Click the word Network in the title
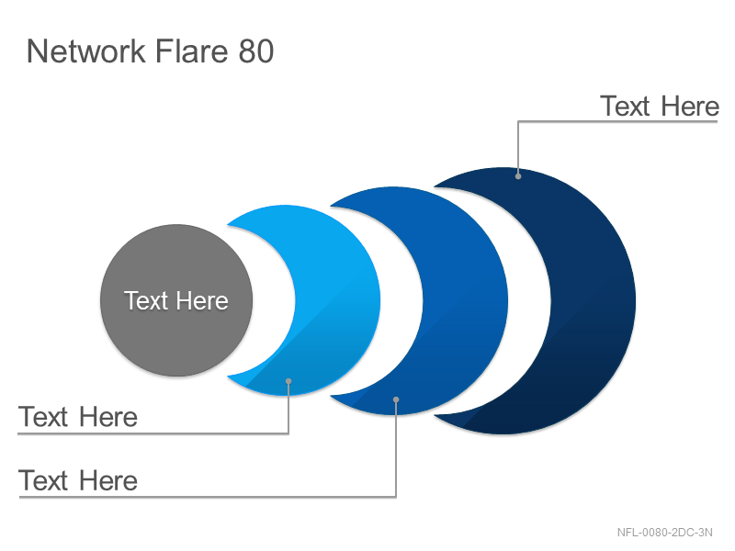click(x=86, y=51)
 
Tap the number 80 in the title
click(x=256, y=51)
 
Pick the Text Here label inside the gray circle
click(x=176, y=300)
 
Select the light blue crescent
click(x=337, y=300)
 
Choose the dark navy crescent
click(x=593, y=301)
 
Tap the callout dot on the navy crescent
click(x=518, y=176)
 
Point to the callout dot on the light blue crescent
click(x=288, y=381)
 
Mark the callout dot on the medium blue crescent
click(x=396, y=399)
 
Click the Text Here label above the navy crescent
click(x=660, y=106)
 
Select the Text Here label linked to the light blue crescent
click(x=78, y=417)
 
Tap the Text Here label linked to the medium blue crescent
click(x=78, y=480)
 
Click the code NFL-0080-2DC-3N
click(x=664, y=533)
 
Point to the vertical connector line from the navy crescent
click(x=518, y=149)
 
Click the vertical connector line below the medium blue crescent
click(x=396, y=448)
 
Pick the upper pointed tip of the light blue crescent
click(x=228, y=225)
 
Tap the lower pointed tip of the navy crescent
click(x=435, y=415)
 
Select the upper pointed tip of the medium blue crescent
click(x=331, y=206)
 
